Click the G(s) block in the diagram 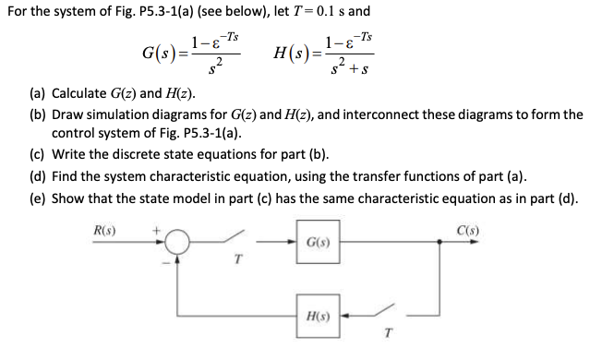311,242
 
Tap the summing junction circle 178,242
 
